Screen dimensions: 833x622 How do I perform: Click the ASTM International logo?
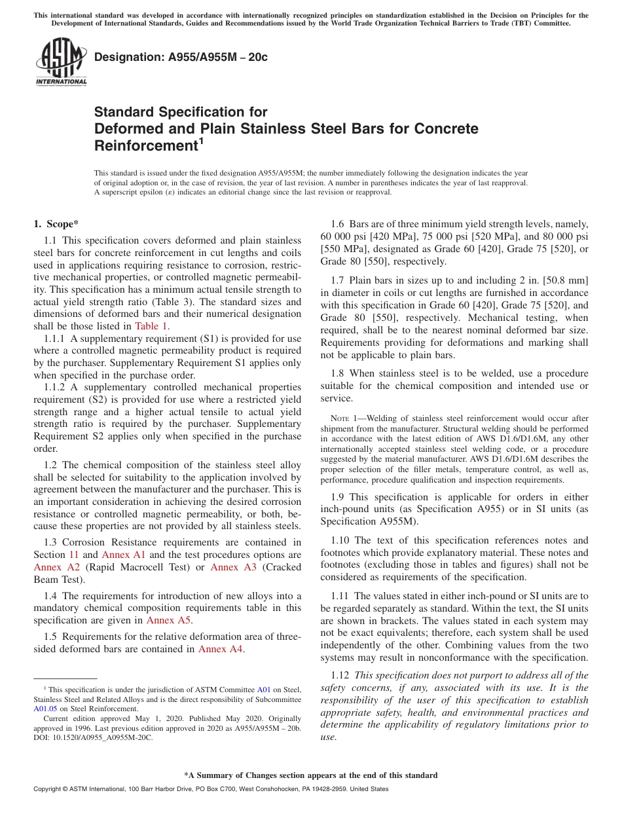pyautogui.click(x=62, y=63)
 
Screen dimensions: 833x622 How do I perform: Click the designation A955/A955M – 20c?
pyautogui.click(x=181, y=58)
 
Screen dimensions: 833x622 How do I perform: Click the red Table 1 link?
pyautogui.click(x=151, y=326)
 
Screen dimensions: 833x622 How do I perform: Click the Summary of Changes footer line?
pyautogui.click(x=310, y=775)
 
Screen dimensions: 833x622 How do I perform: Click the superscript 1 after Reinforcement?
pyautogui.click(x=202, y=140)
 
